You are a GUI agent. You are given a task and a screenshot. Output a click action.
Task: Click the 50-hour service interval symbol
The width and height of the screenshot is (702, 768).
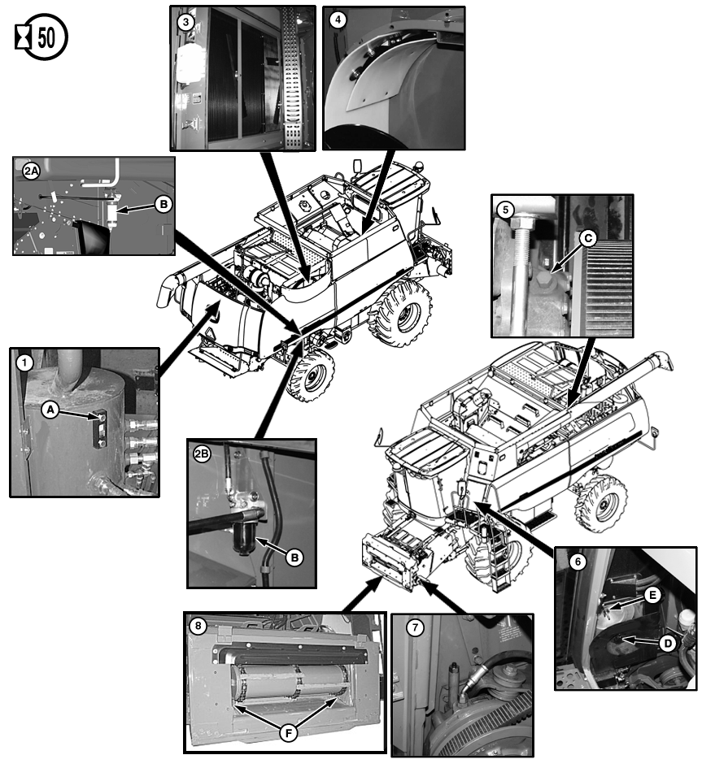(x=41, y=37)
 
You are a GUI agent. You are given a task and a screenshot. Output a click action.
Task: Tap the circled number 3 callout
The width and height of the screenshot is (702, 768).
(x=185, y=22)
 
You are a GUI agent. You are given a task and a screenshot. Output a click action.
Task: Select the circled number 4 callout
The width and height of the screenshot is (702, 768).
(x=338, y=20)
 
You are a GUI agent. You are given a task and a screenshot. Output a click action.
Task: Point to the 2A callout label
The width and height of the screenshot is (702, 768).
(x=31, y=171)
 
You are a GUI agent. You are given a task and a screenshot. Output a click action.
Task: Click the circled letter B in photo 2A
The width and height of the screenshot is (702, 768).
(x=164, y=204)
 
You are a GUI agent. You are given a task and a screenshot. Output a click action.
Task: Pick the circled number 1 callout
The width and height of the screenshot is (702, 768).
(x=24, y=363)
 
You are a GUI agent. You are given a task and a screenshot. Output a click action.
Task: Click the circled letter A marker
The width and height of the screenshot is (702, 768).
(x=50, y=409)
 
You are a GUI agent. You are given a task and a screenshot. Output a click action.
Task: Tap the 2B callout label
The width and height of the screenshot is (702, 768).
(x=202, y=454)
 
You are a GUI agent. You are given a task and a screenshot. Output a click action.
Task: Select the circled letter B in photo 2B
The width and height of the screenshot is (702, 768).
(x=294, y=558)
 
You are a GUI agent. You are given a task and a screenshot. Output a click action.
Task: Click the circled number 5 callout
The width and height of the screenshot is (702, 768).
(x=505, y=210)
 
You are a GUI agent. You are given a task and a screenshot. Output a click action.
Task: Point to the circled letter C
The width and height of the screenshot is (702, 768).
(x=588, y=238)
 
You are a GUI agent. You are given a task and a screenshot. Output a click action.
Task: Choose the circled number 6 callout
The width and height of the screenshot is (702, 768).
(x=578, y=562)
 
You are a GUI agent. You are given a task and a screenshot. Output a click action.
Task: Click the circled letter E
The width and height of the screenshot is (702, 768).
(x=652, y=595)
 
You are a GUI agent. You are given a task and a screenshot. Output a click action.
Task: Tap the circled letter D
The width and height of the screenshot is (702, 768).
(x=668, y=643)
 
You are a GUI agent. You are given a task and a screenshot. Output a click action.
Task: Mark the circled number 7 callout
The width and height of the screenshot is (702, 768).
(x=415, y=627)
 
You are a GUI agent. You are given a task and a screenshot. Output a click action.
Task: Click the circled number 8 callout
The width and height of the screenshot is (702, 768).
(x=198, y=626)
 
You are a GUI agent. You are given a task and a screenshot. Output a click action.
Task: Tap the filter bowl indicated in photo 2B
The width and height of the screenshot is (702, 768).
(x=244, y=538)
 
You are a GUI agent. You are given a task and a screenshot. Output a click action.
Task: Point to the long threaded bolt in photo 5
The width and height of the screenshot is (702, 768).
(x=521, y=275)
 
